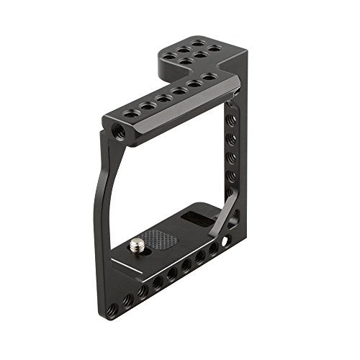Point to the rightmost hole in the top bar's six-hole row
(x=210, y=76)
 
